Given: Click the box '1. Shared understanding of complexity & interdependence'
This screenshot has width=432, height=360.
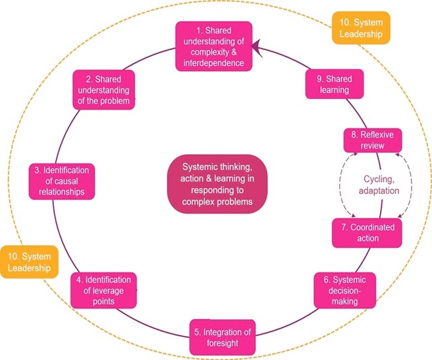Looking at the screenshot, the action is [214, 46].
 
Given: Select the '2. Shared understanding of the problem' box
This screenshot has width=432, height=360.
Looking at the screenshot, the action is [104, 90].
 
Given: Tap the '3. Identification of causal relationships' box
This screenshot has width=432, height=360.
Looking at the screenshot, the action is [62, 181].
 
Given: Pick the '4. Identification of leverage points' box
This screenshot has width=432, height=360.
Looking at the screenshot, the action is [104, 290].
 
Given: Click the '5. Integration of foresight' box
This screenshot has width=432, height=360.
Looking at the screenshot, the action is [223, 337].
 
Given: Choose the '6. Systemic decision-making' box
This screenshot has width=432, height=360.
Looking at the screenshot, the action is [345, 290].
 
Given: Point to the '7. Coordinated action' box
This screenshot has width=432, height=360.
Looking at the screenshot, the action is [367, 232].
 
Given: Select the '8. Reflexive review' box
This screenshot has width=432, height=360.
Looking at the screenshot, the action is [373, 140].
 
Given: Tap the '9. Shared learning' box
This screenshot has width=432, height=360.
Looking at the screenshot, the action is [334, 84].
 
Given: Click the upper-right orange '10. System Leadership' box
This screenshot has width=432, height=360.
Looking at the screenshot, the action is [361, 28].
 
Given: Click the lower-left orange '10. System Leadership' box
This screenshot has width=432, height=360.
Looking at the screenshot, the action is [29, 262].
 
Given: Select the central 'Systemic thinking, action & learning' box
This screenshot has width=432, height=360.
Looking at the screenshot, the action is [217, 184].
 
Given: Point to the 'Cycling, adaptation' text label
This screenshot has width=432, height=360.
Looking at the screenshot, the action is [379, 185].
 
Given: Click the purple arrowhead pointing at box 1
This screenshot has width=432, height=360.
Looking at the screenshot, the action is [256, 48].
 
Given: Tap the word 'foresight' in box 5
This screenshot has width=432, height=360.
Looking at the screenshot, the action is [223, 343].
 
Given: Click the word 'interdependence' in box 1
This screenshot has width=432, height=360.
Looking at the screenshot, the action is [214, 63].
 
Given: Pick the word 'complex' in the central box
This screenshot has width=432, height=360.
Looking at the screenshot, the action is [198, 202].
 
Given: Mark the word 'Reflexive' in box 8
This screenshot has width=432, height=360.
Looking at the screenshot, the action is [377, 135].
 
